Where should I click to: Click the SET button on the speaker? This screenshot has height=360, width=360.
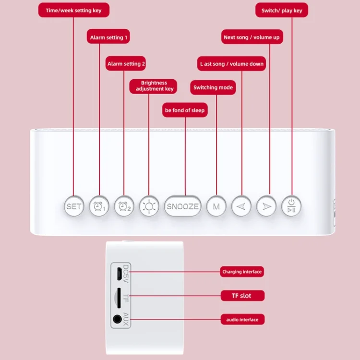[x=74, y=206]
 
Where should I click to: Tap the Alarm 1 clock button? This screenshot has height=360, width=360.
[x=99, y=206]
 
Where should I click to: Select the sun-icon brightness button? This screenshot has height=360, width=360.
[x=148, y=206]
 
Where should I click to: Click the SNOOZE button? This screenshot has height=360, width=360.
[x=182, y=206]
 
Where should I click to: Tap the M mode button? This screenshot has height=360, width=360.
[x=216, y=206]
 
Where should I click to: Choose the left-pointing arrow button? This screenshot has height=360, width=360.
[x=241, y=206]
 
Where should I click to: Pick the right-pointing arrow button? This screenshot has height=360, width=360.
[x=266, y=206]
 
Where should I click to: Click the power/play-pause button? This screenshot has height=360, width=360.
[x=291, y=206]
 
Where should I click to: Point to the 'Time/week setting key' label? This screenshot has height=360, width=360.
[x=73, y=10]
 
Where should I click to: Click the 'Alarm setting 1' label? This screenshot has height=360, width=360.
[x=109, y=37]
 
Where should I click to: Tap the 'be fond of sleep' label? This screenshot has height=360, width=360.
[x=185, y=110]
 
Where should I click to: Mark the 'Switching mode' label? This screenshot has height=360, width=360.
[x=213, y=88]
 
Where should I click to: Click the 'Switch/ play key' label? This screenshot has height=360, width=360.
[x=282, y=10]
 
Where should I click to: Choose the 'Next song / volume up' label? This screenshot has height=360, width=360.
[x=252, y=37]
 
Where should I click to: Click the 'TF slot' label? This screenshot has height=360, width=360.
[x=242, y=295]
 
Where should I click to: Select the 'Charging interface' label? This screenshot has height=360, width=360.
[x=242, y=272]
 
